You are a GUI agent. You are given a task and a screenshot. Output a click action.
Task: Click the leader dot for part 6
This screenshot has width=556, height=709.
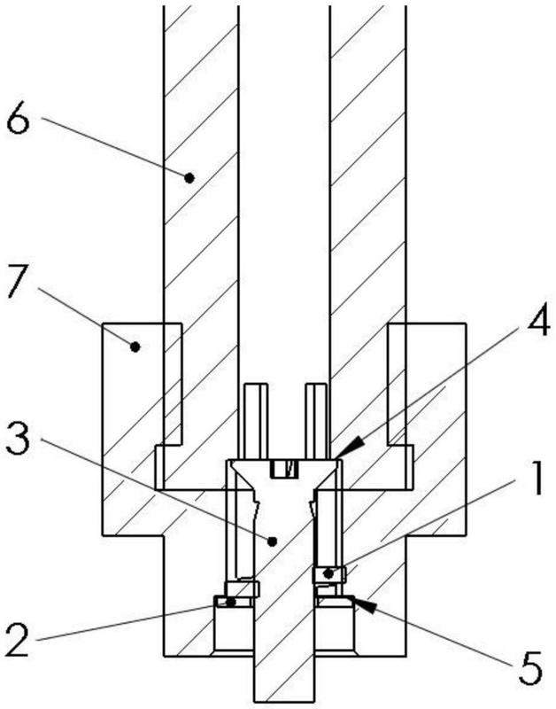pos(189,178)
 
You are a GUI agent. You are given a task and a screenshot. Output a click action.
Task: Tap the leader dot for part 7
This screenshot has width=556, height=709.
pos(135,347)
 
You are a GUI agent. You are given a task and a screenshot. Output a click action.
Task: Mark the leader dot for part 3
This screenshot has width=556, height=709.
pos(272,541)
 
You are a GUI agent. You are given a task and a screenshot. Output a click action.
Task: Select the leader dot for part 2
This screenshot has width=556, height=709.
pos(231,603)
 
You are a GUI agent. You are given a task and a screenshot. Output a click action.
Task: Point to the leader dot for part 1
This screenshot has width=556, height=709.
pos(328,573)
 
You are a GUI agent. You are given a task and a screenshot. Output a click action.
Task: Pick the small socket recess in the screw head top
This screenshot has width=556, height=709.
pos(284,469)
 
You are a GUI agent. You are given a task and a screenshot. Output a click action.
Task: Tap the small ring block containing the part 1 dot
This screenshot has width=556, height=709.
pos(329,574)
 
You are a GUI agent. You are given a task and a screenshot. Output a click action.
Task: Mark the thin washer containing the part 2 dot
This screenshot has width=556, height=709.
pos(233,602)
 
